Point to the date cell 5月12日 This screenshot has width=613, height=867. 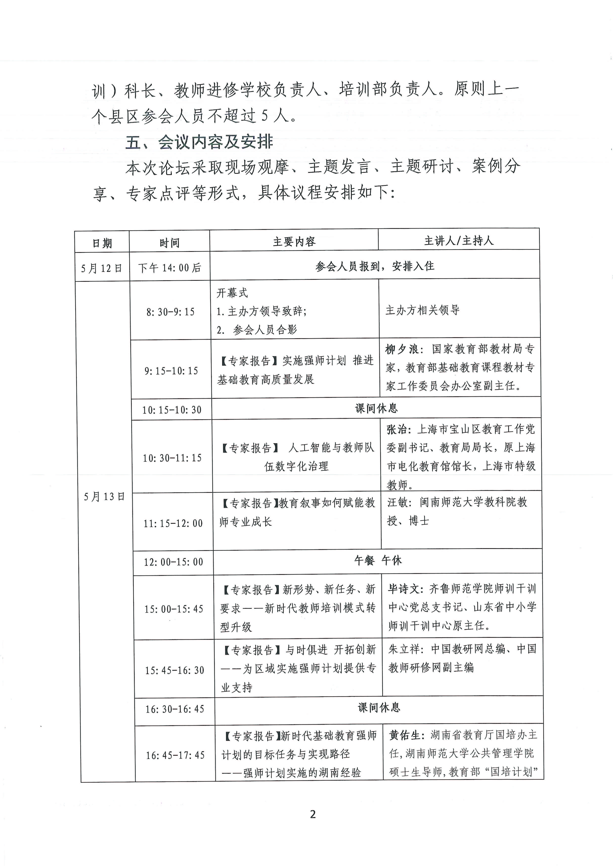[x=102, y=268]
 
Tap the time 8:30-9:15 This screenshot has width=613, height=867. [x=170, y=312]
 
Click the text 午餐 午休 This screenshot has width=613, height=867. [x=378, y=560]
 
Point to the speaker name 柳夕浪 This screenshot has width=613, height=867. [x=402, y=349]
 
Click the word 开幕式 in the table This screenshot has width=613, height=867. [x=232, y=293]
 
